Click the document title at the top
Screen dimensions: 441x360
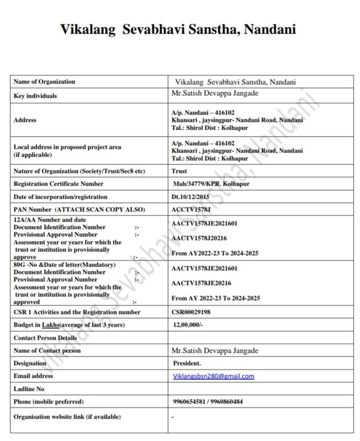[178, 29]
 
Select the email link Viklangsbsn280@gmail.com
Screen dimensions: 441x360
[213, 376]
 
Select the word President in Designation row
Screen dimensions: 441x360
[187, 363]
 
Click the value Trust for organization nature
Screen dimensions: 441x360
[179, 171]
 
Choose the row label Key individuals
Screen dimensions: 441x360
[35, 96]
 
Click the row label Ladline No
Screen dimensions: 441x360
[29, 389]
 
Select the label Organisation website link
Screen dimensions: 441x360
[67, 416]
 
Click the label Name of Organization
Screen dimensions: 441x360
[44, 82]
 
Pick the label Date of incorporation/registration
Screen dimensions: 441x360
[61, 197]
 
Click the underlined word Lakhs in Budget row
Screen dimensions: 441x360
[52, 325]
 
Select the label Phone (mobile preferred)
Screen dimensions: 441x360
[49, 401]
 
